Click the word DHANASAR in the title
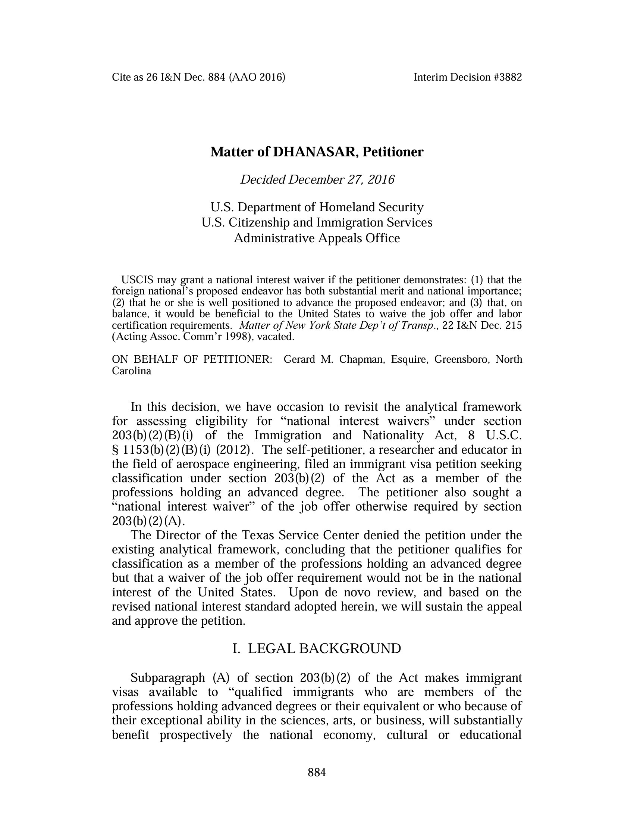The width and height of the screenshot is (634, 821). click(x=313, y=152)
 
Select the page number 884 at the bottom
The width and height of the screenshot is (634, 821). click(x=317, y=772)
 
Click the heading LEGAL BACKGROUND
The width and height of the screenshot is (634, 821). click(x=324, y=649)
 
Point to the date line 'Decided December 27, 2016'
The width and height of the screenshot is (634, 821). click(x=317, y=180)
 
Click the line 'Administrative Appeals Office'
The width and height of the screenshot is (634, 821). click(x=317, y=238)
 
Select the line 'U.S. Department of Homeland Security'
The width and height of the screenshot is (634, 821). click(x=317, y=207)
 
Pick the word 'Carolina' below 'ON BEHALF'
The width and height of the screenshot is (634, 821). click(x=131, y=371)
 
